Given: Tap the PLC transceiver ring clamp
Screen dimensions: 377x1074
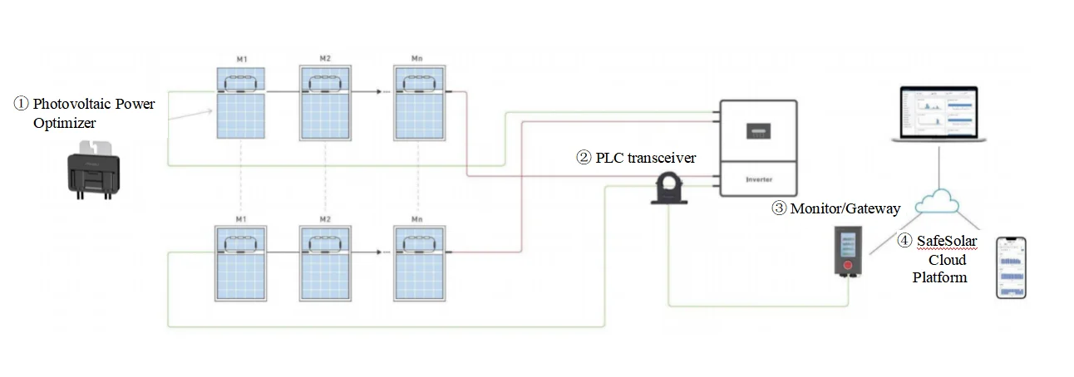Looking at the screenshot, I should tap(670, 188).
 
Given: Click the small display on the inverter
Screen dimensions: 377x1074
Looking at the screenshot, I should tap(757, 131).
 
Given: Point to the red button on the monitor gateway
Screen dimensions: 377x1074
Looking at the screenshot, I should tap(848, 267).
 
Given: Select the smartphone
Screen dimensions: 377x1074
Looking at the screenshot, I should tap(1012, 267).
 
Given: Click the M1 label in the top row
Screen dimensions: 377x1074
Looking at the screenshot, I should tap(242, 60).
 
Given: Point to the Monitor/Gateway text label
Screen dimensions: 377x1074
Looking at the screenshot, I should tap(845, 208).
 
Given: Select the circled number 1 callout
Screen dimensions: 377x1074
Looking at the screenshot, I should tap(21, 105).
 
